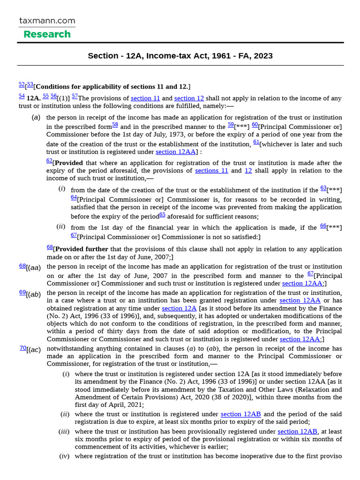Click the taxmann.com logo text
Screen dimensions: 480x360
(47, 21)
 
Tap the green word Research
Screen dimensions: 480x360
(47, 34)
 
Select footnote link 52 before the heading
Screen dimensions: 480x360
(22, 84)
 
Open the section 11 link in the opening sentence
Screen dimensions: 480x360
(145, 98)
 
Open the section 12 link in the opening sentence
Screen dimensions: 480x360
(189, 98)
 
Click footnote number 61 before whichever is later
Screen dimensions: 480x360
(256, 142)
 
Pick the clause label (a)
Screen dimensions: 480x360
(36, 118)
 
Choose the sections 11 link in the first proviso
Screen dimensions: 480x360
(211, 171)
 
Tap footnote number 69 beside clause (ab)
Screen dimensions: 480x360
(22, 292)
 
